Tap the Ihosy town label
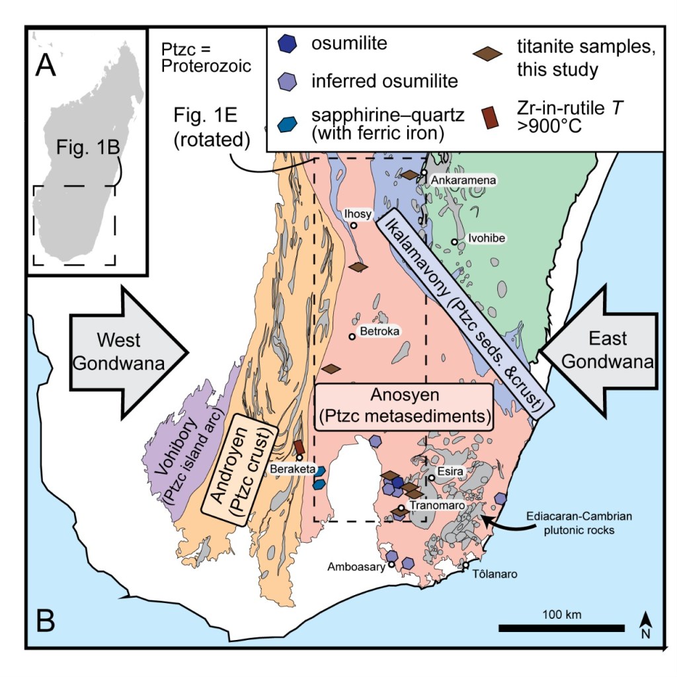click(x=358, y=214)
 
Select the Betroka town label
click(x=378, y=331)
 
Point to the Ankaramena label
click(x=458, y=179)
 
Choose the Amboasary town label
click(x=357, y=567)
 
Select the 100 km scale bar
click(x=561, y=627)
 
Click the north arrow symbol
click(x=648, y=622)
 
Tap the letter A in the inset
click(x=46, y=65)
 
